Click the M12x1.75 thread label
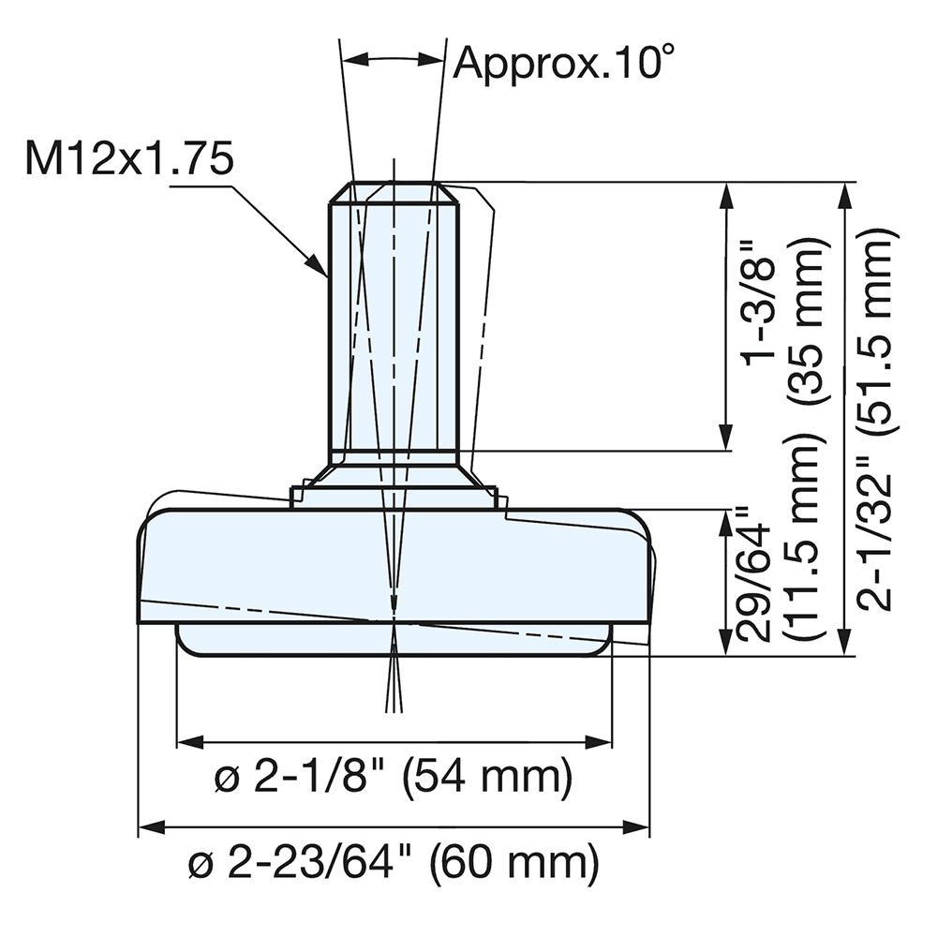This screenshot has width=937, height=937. point(128,160)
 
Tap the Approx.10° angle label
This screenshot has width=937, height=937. point(564,63)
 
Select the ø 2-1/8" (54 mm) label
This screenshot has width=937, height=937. point(394,779)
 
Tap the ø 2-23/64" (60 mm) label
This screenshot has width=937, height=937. point(394,863)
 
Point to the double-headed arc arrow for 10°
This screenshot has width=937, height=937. point(393,58)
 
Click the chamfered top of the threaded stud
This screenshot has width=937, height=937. point(393,192)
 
